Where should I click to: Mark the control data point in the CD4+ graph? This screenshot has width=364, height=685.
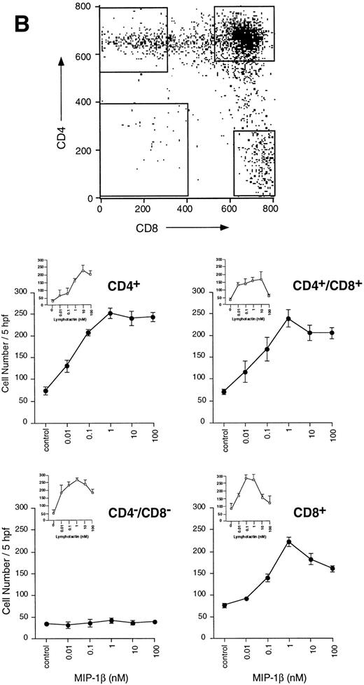pos(45,391)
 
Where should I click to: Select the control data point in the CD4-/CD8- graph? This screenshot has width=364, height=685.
pos(45,623)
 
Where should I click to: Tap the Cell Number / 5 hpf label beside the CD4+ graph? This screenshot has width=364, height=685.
pos(8,357)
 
